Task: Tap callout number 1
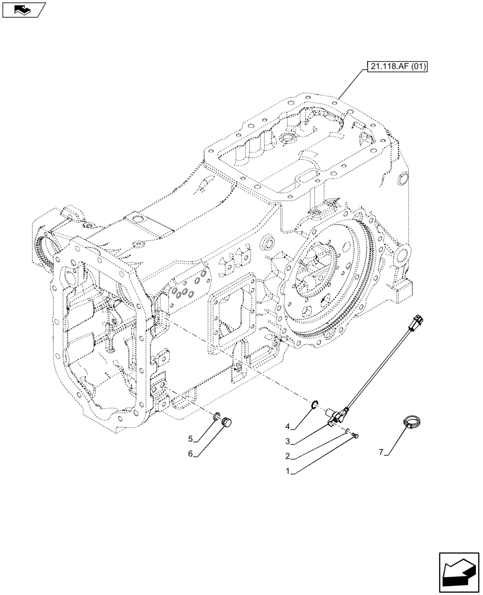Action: pos(288,471)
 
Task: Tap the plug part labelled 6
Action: pos(225,422)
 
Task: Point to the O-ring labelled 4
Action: pos(313,406)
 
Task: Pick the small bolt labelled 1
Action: pos(356,437)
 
